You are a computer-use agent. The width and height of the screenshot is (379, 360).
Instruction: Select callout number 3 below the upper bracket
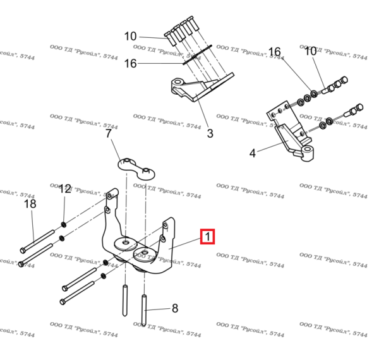(x=210, y=133)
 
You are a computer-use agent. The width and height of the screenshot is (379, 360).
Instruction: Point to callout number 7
(x=108, y=134)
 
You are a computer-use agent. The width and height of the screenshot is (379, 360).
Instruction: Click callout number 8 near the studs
(x=175, y=308)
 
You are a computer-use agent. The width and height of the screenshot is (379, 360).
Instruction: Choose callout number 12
(x=65, y=189)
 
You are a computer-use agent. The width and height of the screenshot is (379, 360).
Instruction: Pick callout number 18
(x=30, y=204)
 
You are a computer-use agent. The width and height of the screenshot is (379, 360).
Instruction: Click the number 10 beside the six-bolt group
(x=130, y=36)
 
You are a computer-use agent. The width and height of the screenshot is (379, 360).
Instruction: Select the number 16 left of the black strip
(x=130, y=63)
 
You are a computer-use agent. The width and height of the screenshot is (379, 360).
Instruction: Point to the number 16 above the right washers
(x=275, y=51)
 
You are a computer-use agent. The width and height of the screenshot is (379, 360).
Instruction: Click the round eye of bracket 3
(x=178, y=83)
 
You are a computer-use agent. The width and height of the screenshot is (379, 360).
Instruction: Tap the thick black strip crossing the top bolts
(x=198, y=55)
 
